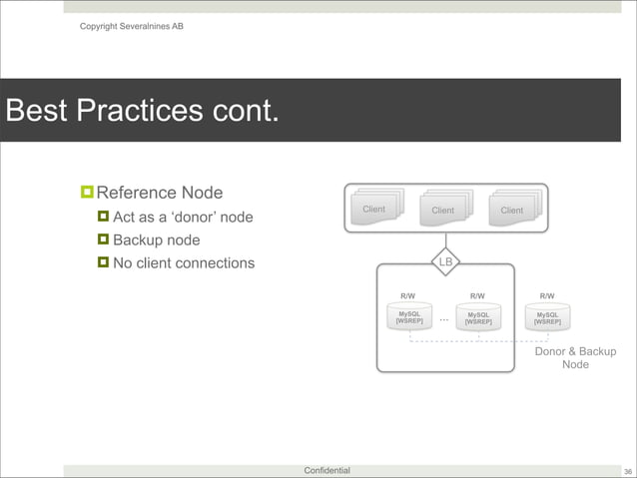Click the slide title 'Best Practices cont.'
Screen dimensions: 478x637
(x=142, y=110)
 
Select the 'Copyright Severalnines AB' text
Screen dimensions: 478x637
(x=131, y=25)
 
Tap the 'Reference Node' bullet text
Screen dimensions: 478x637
(x=159, y=193)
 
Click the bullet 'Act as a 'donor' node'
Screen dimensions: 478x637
(x=183, y=218)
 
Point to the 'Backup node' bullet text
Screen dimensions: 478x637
(x=156, y=240)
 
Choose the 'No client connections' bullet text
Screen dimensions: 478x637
(x=184, y=263)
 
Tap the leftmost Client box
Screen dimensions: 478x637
(x=374, y=210)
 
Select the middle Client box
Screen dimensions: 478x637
(x=443, y=211)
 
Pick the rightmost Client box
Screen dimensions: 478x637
(x=512, y=211)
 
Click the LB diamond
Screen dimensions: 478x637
(x=446, y=263)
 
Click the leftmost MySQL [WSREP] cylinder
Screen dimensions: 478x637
(x=408, y=318)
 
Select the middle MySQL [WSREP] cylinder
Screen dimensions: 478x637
(x=477, y=318)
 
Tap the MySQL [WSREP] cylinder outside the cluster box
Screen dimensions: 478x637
(x=547, y=318)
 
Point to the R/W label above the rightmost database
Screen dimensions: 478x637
(x=547, y=296)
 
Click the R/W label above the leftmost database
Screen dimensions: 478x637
(x=408, y=296)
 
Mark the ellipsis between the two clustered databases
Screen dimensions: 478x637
(x=443, y=319)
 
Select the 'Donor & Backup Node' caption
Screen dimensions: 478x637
(x=575, y=358)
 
